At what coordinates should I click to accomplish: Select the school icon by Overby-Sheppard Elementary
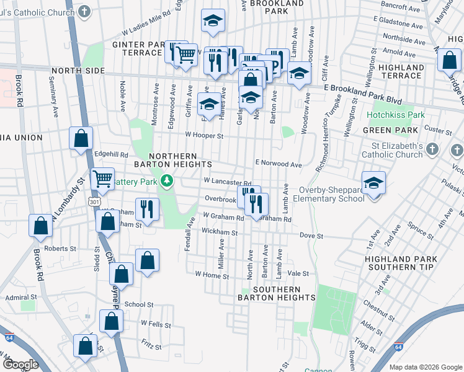374,183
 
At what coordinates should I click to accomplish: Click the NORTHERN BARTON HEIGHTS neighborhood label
174,160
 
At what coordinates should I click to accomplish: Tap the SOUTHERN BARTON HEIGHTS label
276,293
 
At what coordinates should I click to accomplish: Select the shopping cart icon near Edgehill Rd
103,179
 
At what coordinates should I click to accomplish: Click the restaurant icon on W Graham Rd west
147,208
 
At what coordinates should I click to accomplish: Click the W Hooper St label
203,135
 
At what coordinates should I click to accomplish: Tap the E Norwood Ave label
279,164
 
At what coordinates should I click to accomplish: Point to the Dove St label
311,236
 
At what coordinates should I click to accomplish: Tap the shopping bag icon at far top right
448,61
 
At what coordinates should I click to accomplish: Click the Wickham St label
220,232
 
